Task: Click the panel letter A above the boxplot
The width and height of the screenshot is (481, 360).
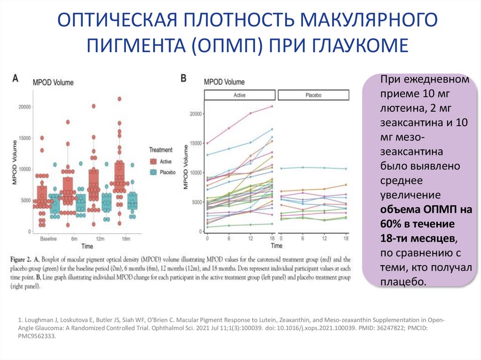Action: coord(16,79)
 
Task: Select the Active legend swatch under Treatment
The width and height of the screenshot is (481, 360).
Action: coord(153,161)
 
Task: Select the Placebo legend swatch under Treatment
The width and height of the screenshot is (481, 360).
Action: coord(153,172)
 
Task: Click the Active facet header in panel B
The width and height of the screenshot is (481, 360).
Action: coord(240,95)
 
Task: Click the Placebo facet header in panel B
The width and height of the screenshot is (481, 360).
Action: coord(313,95)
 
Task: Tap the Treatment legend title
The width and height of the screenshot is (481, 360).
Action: coord(161,150)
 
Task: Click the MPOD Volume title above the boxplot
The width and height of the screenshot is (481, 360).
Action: coord(53,83)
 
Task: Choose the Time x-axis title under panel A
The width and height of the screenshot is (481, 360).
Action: coord(87,246)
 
